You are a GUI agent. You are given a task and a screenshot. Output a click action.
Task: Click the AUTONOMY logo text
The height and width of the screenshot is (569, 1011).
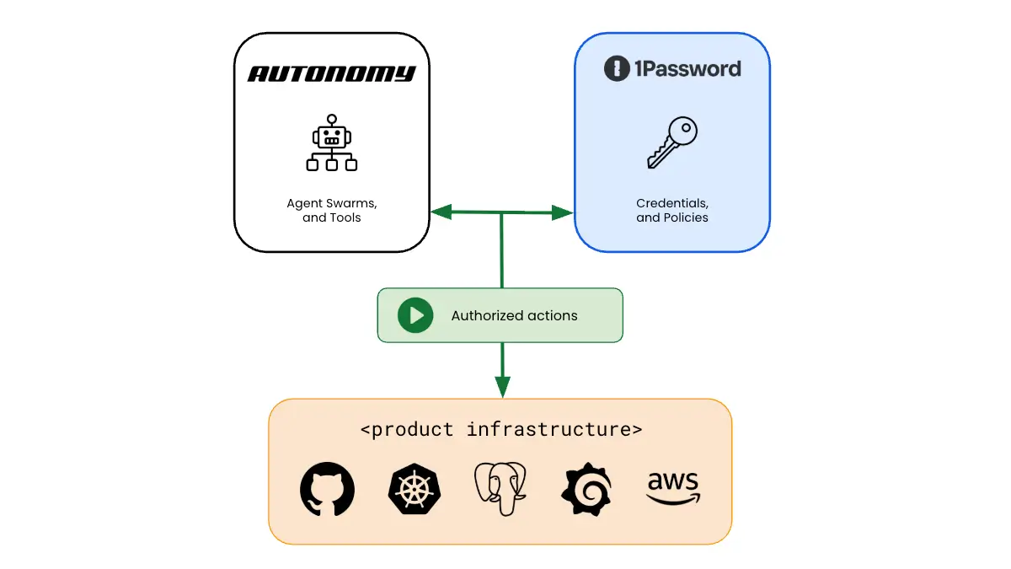pyautogui.click(x=331, y=74)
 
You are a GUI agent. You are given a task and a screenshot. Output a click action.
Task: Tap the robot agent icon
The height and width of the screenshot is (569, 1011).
pyautogui.click(x=331, y=143)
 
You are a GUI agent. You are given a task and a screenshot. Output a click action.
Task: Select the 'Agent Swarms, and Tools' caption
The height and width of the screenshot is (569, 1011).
pyautogui.click(x=331, y=211)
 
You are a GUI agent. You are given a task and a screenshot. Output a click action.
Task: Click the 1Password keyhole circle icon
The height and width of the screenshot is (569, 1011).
pyautogui.click(x=618, y=68)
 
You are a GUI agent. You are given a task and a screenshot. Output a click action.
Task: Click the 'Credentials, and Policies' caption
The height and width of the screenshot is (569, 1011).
pyautogui.click(x=672, y=211)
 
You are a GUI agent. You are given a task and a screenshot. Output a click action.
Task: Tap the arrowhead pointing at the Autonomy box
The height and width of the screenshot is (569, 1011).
pyautogui.click(x=441, y=212)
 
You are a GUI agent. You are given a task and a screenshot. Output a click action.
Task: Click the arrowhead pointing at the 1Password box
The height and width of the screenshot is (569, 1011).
pyautogui.click(x=562, y=212)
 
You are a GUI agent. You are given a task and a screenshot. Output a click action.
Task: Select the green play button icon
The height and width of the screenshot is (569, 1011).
pyautogui.click(x=415, y=315)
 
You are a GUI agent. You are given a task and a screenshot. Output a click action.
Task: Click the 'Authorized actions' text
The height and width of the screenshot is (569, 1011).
pyautogui.click(x=514, y=316)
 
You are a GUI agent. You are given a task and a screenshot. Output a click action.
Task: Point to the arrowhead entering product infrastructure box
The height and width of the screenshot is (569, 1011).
pyautogui.click(x=502, y=387)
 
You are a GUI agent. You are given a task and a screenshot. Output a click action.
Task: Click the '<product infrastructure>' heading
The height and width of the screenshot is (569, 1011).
pyautogui.click(x=501, y=429)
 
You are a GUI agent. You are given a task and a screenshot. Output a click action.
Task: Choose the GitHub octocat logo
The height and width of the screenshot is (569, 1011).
pyautogui.click(x=328, y=489)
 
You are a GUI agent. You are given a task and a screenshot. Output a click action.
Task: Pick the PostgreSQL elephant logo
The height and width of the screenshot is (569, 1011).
pyautogui.click(x=500, y=489)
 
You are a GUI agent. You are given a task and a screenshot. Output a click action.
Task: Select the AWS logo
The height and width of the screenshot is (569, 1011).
pyautogui.click(x=673, y=488)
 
